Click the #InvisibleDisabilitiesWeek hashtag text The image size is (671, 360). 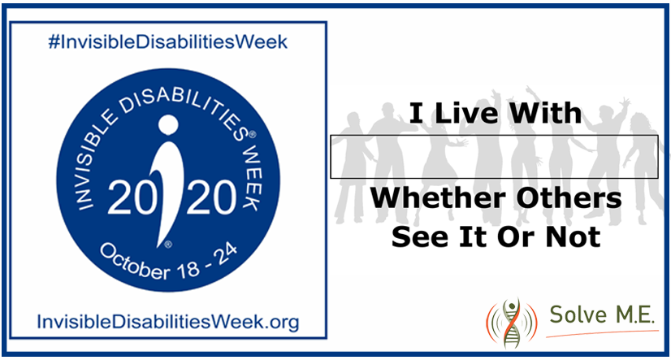point(168,41)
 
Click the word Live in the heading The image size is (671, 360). point(465,113)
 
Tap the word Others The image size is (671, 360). point(565,198)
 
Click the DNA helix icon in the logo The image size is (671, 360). point(511,320)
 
